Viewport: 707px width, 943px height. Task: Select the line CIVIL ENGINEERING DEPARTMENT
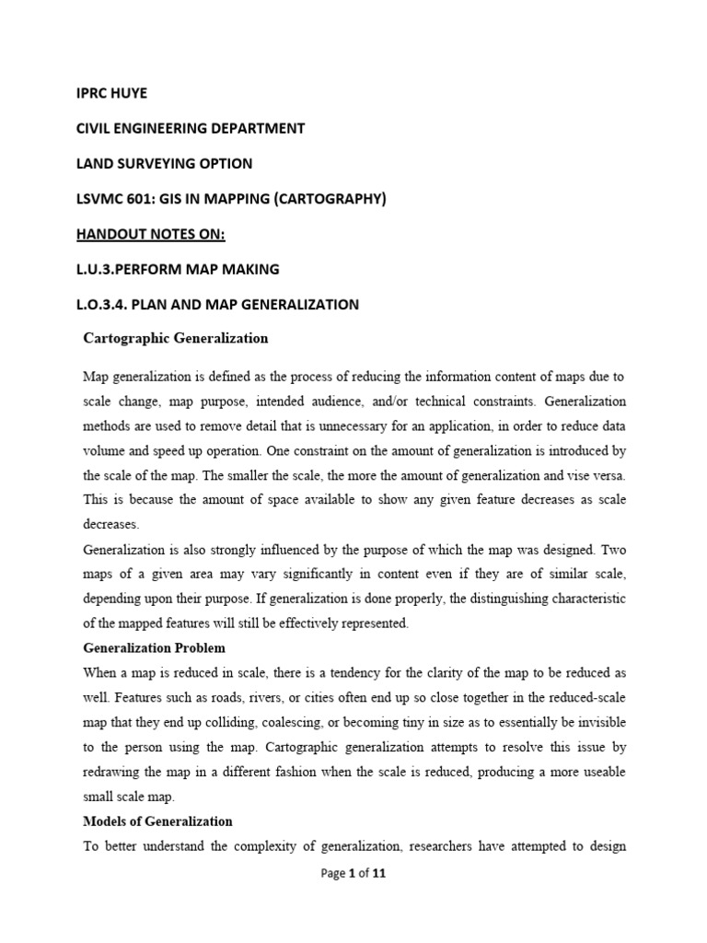190,128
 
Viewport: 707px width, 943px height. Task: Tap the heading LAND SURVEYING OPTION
163,163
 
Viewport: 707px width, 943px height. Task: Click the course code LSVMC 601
111,199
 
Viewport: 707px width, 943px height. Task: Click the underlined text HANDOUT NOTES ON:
150,234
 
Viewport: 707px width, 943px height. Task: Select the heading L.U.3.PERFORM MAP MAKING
175,269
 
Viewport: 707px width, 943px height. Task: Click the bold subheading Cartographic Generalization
176,338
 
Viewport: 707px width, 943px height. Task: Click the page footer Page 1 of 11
353,875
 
